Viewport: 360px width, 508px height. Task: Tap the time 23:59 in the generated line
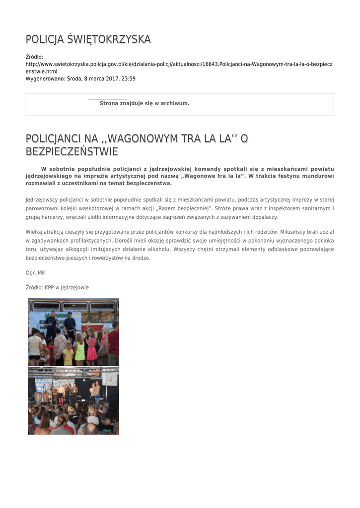tap(128, 78)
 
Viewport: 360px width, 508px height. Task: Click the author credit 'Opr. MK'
tap(35, 273)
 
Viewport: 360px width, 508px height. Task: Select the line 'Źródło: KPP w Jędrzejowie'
tap(57, 287)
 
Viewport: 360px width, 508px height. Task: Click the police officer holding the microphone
tap(52, 325)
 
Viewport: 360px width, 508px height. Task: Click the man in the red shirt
tap(114, 342)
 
